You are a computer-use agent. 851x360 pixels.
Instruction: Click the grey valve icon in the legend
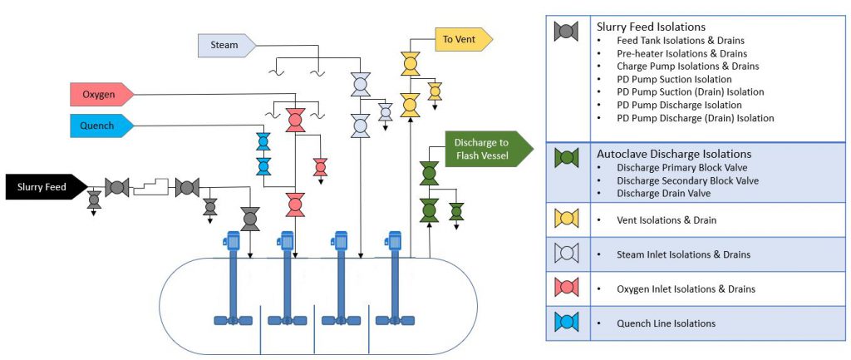pyautogui.click(x=567, y=32)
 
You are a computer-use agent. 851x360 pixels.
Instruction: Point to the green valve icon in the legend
pyautogui.click(x=567, y=156)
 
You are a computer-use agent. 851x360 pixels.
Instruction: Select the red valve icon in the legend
pyautogui.click(x=567, y=287)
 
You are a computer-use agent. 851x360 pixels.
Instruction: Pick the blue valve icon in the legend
pyautogui.click(x=567, y=322)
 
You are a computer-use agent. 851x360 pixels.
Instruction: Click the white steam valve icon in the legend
pyautogui.click(x=567, y=253)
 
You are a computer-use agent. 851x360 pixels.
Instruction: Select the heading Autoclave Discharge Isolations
pyautogui.click(x=674, y=154)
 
